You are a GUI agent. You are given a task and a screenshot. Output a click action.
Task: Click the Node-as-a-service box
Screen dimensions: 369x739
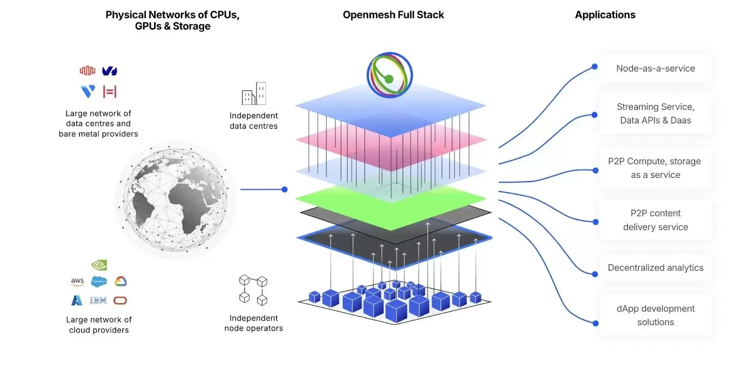point(655,68)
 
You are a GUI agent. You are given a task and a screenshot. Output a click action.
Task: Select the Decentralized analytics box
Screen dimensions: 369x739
point(655,268)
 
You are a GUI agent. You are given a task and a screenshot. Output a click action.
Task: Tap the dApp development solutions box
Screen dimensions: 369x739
point(655,315)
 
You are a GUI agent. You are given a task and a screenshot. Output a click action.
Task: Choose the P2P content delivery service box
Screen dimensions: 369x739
point(655,220)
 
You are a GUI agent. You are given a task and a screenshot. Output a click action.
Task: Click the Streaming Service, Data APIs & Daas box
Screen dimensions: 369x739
point(655,114)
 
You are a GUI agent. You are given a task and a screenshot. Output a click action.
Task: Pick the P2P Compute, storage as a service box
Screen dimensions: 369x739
point(655,168)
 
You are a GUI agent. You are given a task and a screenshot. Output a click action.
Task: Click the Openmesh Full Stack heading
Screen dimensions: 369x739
point(393,15)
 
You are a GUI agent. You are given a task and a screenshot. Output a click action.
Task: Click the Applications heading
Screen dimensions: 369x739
point(605,15)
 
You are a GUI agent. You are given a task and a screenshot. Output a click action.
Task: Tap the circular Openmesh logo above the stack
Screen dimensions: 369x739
point(389,75)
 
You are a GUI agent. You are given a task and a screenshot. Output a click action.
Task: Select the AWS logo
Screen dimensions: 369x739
point(77,281)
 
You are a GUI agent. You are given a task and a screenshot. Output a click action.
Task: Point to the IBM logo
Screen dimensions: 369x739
point(98,301)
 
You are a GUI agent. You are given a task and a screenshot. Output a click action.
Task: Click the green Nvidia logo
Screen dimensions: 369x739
point(99,265)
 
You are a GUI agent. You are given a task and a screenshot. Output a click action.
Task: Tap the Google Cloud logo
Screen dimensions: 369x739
point(121,281)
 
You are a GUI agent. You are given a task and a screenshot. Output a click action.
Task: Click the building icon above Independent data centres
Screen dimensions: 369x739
point(254,94)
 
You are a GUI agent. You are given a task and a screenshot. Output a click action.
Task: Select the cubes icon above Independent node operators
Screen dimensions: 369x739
point(253,290)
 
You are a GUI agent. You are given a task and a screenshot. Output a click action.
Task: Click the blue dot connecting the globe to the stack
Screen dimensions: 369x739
point(285,189)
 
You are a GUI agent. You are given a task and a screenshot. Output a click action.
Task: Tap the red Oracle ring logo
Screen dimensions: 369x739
point(120,301)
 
